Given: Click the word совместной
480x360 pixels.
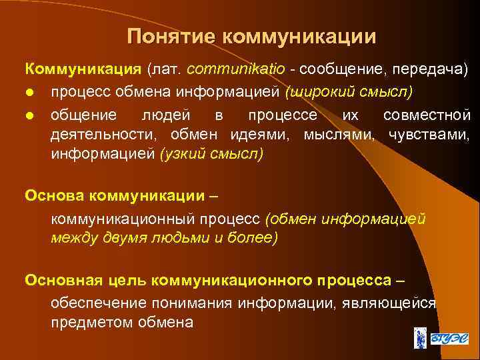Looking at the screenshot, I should (427, 115).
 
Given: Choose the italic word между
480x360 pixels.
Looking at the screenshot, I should (74, 238).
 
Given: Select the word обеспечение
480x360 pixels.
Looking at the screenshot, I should (97, 303).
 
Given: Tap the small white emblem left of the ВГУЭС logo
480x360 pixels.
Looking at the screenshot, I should (419, 338).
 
